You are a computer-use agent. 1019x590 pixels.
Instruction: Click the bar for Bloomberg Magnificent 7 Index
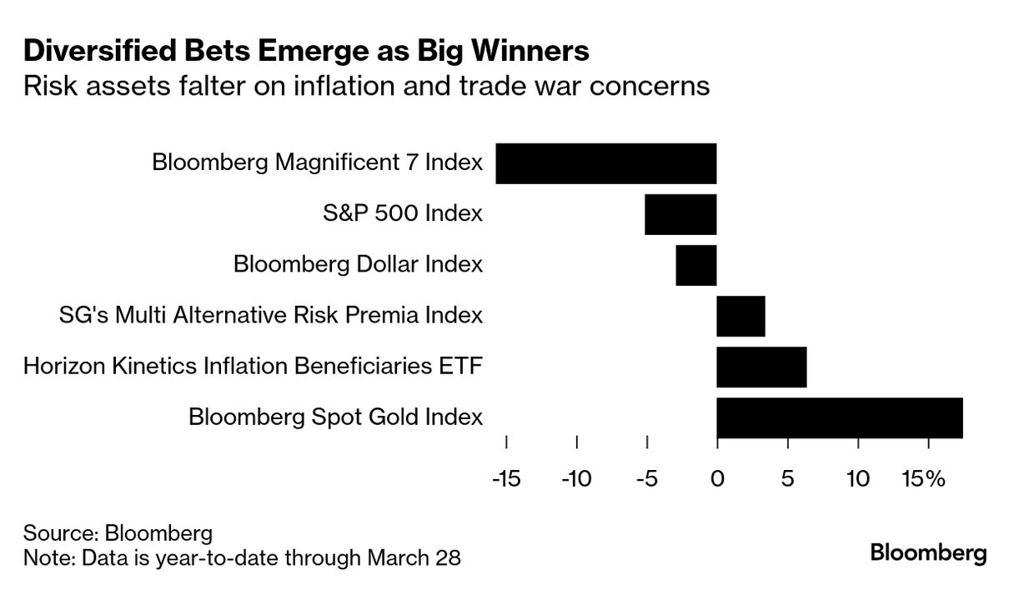point(606,163)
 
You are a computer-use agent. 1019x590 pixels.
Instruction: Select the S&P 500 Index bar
point(680,214)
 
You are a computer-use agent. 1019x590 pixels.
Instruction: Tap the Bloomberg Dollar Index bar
point(696,265)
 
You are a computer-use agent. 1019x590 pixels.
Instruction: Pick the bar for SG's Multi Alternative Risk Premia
point(740,316)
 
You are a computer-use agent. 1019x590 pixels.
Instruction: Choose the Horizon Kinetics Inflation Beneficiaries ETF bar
point(761,367)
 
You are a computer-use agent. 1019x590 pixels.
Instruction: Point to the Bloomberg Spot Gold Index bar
point(839,417)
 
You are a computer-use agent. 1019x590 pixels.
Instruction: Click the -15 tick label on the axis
point(506,479)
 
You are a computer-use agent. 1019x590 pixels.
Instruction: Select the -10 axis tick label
point(576,479)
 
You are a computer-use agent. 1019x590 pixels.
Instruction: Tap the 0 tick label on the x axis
point(717,479)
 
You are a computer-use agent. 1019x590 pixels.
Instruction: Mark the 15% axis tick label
point(923,479)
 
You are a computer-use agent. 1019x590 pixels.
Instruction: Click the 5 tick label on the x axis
point(787,479)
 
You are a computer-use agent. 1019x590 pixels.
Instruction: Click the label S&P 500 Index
point(403,213)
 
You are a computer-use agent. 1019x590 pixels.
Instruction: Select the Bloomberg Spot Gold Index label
point(336,417)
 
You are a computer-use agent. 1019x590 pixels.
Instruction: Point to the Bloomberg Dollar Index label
point(358,265)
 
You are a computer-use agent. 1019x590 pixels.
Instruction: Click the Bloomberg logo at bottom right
point(928,552)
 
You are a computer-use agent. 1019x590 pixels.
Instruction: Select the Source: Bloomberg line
point(118,533)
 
